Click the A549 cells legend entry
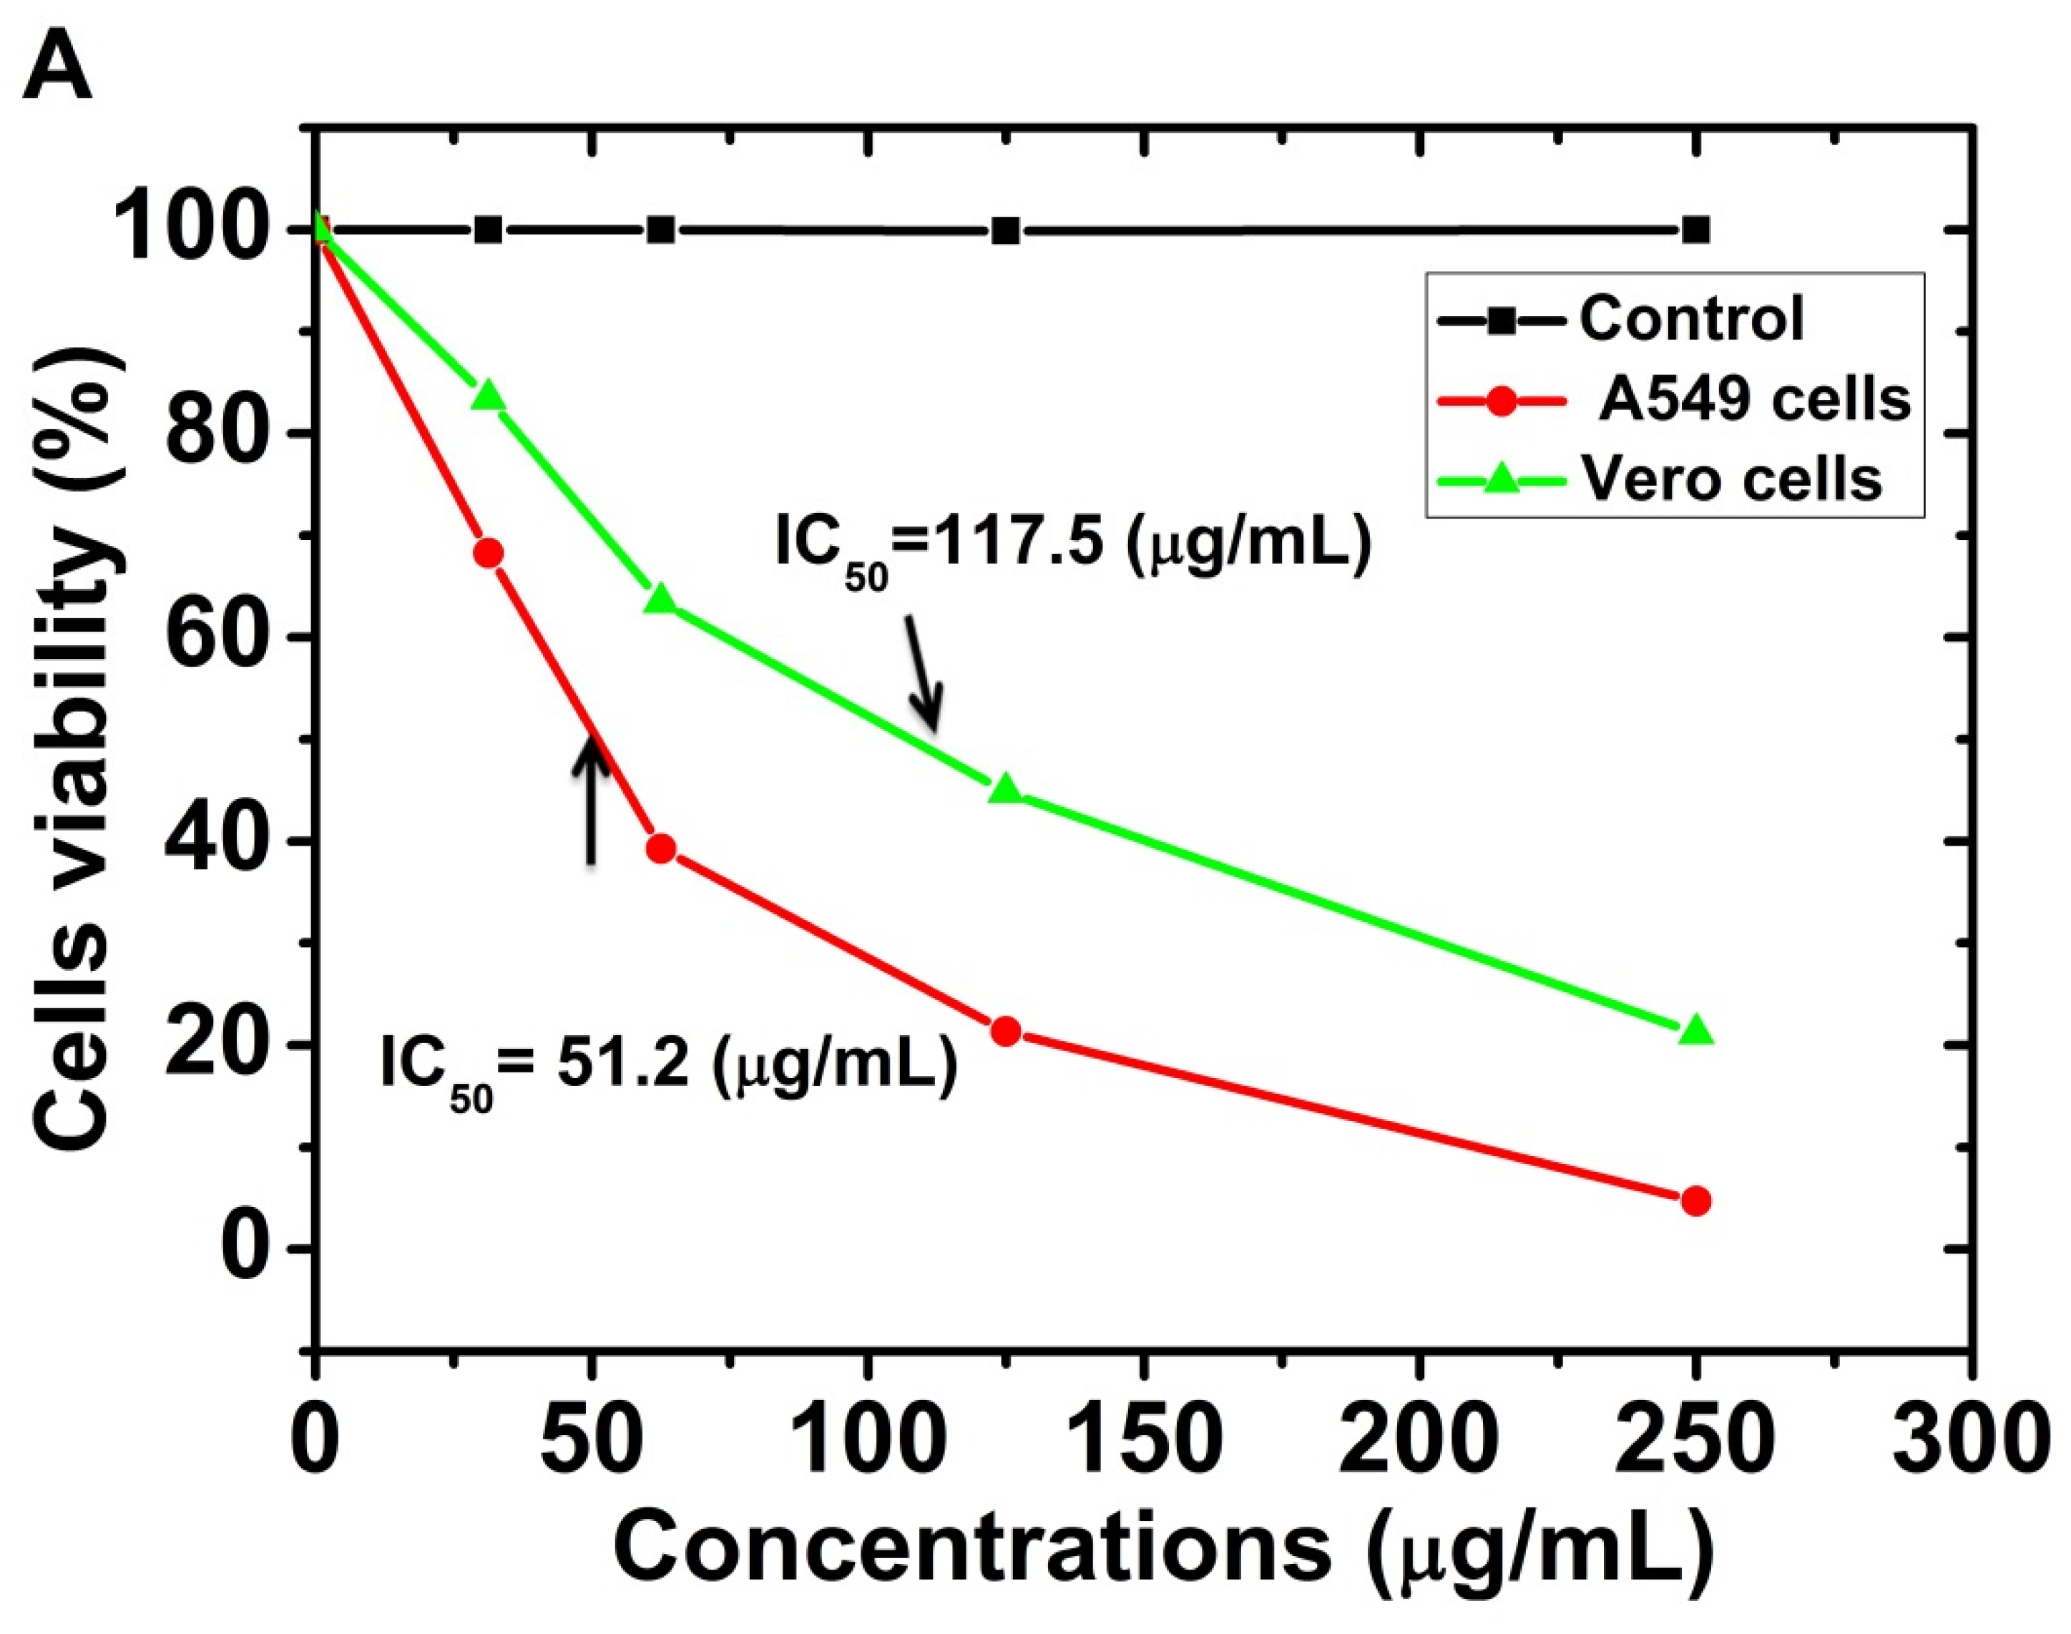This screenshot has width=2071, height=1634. pos(1674,399)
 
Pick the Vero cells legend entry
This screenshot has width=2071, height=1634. pos(1660,479)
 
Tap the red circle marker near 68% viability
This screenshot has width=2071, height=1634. pos(489,554)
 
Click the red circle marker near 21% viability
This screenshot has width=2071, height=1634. pos(1005,1032)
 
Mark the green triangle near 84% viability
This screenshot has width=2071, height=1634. pos(489,395)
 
